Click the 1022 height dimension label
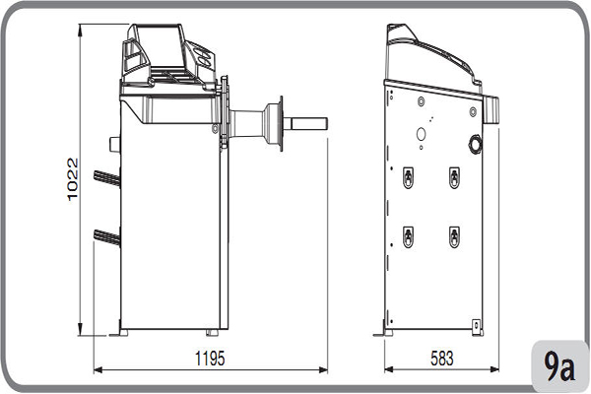(72, 178)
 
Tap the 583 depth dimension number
(442, 357)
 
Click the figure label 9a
(558, 367)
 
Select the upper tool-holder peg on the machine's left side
(105, 177)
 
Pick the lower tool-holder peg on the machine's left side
(105, 234)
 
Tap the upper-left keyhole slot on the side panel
(408, 176)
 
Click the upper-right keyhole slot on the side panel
(454, 176)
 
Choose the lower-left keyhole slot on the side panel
(408, 236)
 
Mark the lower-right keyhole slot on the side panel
(454, 236)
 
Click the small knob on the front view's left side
(114, 145)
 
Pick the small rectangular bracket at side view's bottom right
(477, 324)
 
